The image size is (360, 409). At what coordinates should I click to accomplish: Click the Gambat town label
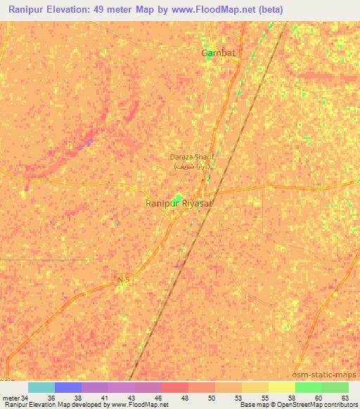[x=218, y=53]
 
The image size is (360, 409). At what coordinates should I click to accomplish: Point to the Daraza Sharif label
[x=191, y=157]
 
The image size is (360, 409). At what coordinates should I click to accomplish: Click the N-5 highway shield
[x=124, y=280]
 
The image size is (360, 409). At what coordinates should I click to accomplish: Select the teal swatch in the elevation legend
[x=41, y=387]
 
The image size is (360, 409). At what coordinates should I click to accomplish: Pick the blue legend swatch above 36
[x=67, y=387]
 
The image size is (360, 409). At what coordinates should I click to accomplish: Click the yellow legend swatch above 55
[x=255, y=387]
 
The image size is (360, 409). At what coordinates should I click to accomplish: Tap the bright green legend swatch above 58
[x=308, y=387]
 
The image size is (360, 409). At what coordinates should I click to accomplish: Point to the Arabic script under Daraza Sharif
[x=191, y=167]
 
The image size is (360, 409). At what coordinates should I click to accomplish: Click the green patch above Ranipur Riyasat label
[x=179, y=197]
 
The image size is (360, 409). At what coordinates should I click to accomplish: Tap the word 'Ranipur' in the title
[x=27, y=9]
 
